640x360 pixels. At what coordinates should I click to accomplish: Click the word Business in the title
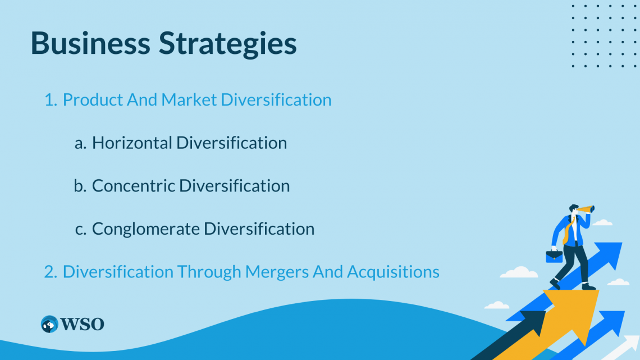click(90, 43)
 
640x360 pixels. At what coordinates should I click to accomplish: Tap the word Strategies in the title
click(228, 44)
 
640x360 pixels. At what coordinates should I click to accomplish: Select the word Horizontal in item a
click(132, 143)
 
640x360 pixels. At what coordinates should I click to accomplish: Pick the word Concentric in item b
click(134, 186)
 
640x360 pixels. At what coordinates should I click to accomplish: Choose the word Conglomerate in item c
click(146, 229)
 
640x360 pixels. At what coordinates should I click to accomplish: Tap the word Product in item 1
click(93, 100)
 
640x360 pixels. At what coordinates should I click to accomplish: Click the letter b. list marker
click(80, 186)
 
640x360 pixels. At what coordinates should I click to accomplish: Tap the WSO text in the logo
click(83, 325)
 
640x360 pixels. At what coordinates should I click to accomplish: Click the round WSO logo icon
click(49, 324)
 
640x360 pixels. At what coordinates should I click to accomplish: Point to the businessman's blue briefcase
click(554, 256)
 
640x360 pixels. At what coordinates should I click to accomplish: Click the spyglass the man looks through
click(586, 210)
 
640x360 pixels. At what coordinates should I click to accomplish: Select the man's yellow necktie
click(568, 231)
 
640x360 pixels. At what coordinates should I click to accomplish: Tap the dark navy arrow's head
click(533, 322)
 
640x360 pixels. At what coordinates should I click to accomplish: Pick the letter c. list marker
click(81, 229)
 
